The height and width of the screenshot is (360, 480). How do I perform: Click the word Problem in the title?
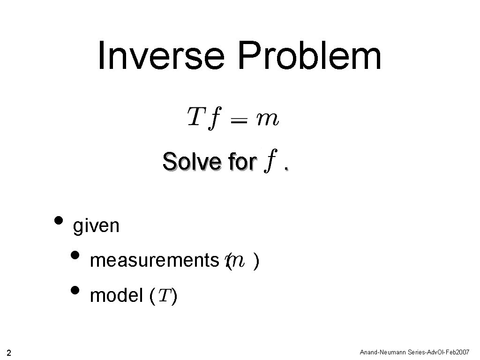[x=310, y=56]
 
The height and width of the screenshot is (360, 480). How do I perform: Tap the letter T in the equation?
[x=196, y=116]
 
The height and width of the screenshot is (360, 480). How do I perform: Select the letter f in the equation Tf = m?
[x=214, y=118]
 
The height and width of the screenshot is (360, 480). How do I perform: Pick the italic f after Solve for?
[x=269, y=164]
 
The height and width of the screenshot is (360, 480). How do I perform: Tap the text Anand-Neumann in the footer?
[x=380, y=352]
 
